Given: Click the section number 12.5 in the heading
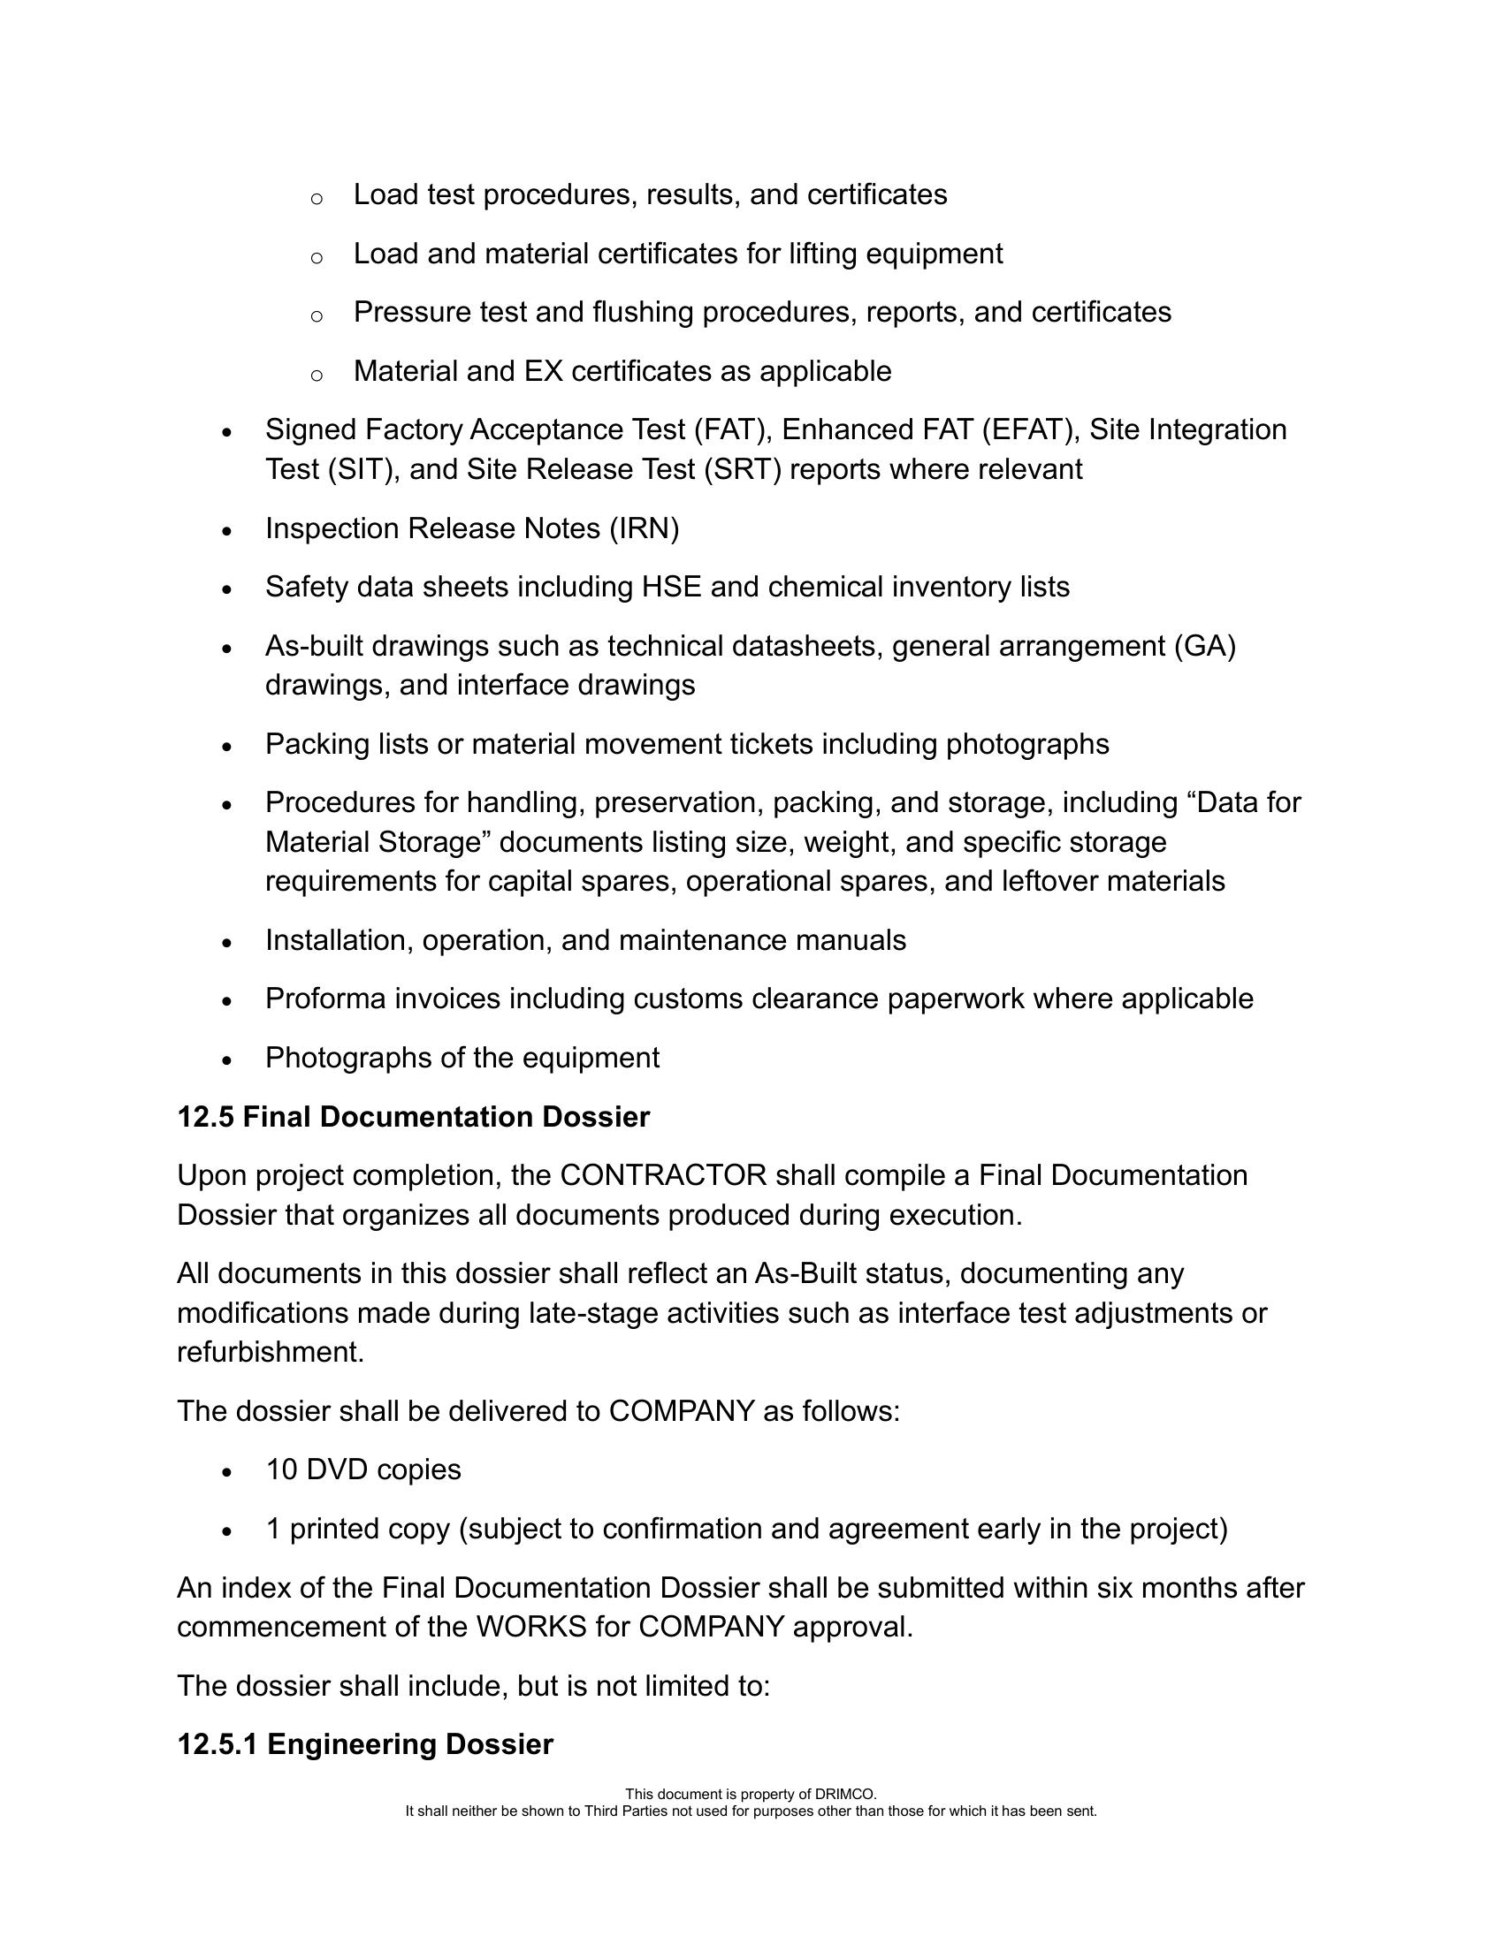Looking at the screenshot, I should point(206,1117).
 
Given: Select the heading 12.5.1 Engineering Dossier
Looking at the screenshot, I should point(365,1743).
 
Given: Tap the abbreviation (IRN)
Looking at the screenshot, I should point(644,528).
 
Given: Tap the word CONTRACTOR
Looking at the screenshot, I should point(663,1175).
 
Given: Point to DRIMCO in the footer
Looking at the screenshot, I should point(846,1795).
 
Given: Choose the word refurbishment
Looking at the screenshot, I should point(271,1352).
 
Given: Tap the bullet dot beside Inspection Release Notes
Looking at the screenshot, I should point(227,530).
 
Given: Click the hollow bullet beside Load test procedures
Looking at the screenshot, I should point(317,198).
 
